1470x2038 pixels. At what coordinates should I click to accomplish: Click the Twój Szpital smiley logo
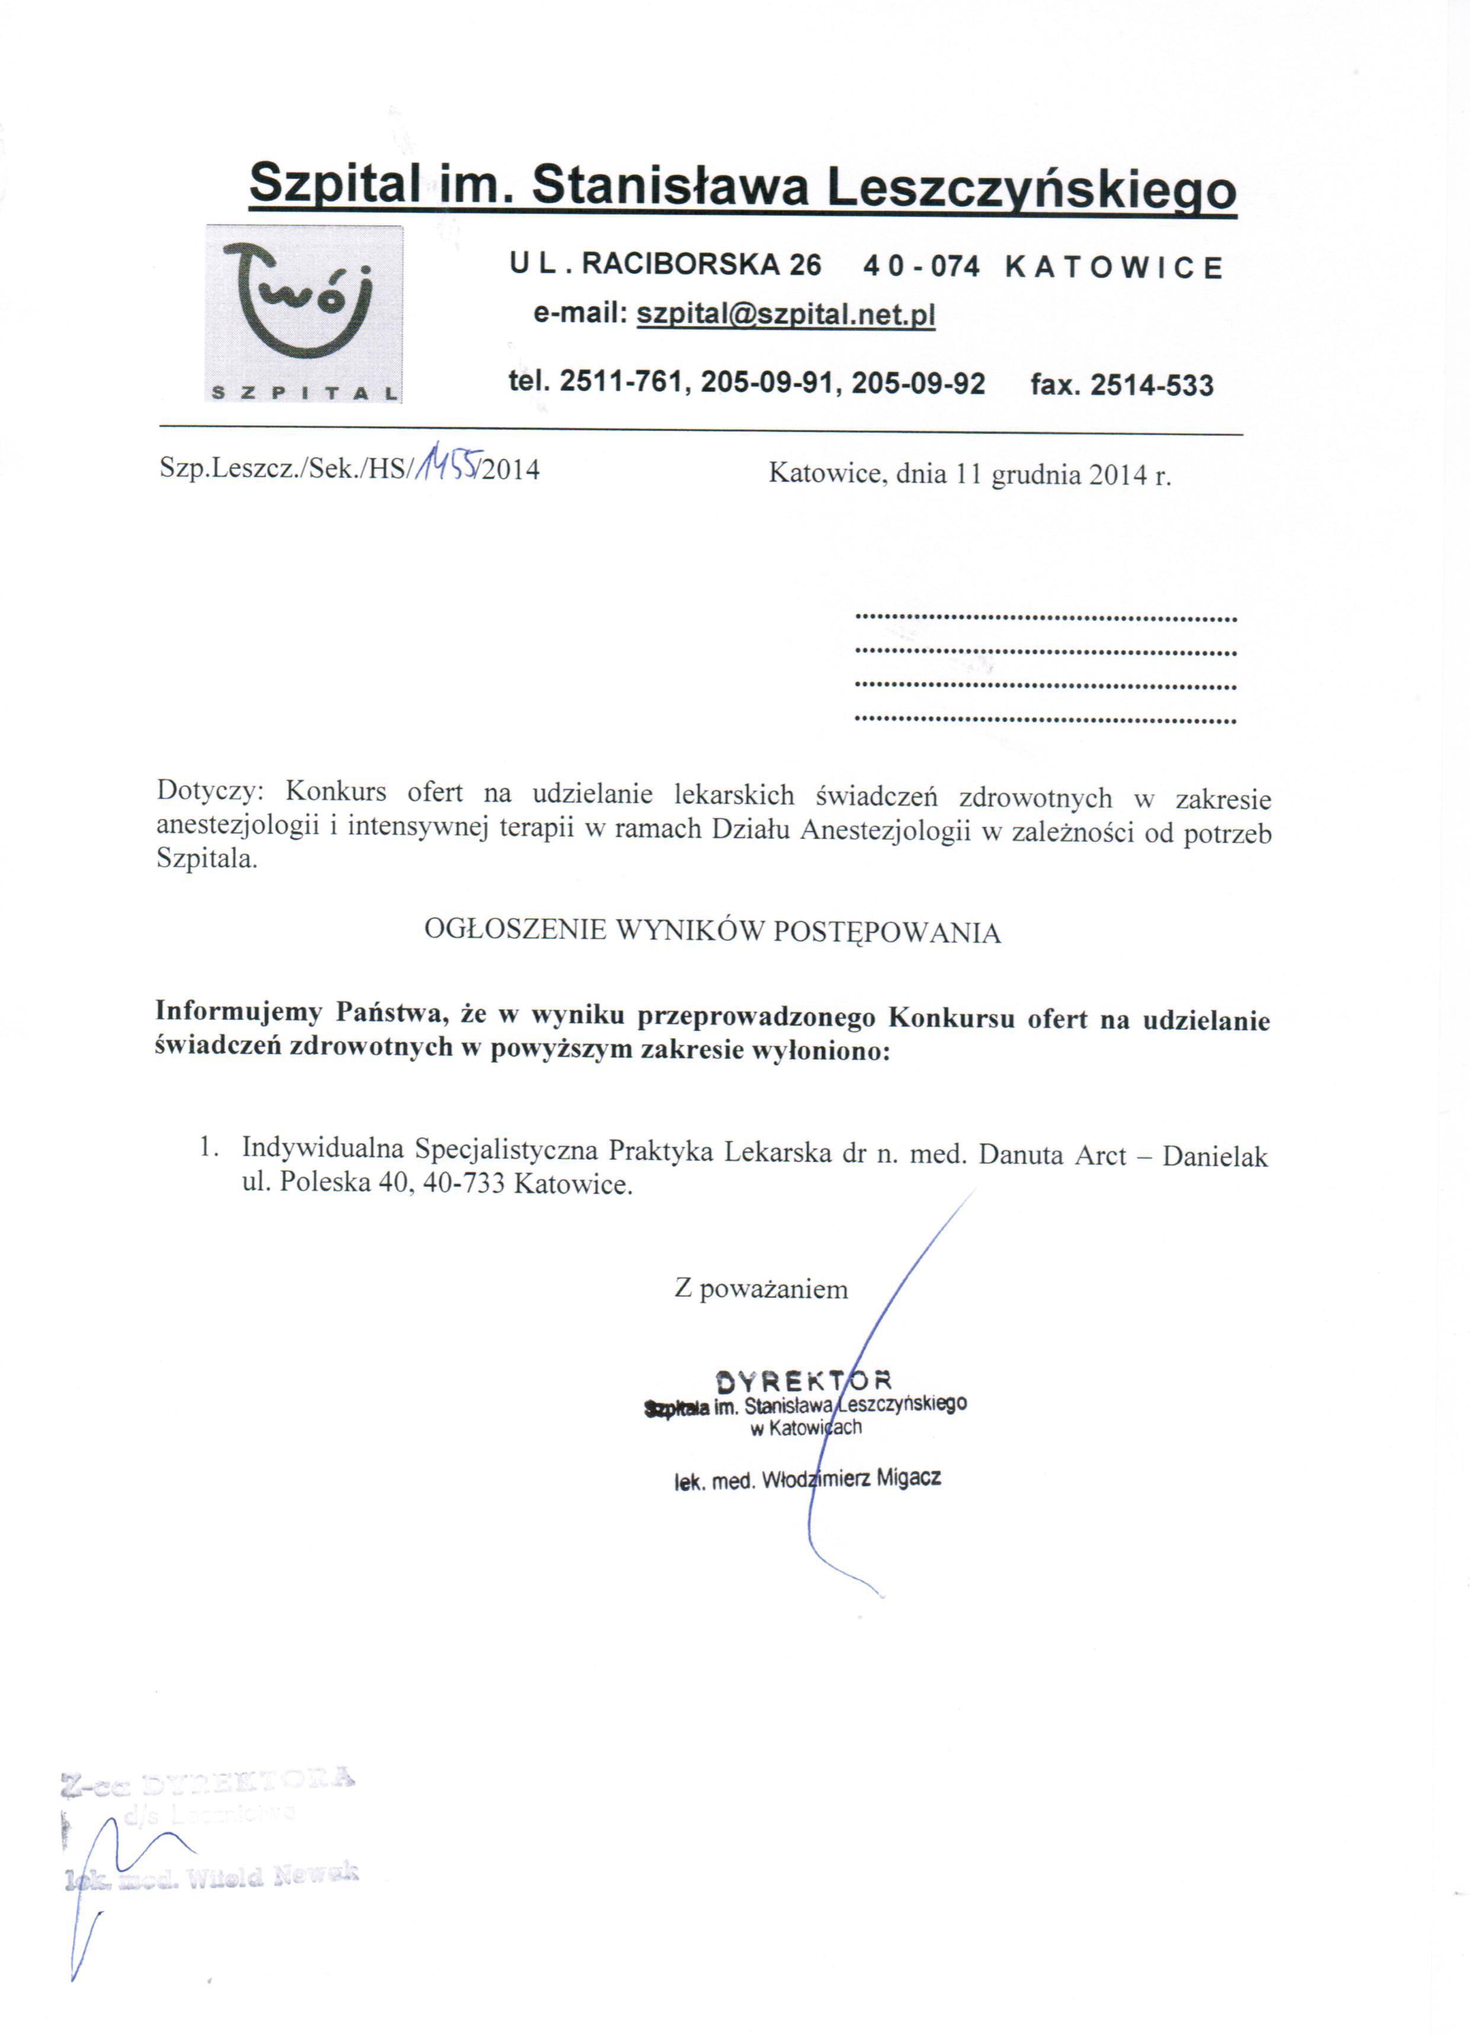pyautogui.click(x=303, y=312)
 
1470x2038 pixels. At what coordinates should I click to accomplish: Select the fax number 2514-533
pyautogui.click(x=1151, y=385)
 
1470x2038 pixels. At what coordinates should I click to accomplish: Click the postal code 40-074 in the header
pyautogui.click(x=921, y=267)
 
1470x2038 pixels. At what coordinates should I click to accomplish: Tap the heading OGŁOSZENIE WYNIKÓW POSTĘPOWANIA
pyautogui.click(x=712, y=931)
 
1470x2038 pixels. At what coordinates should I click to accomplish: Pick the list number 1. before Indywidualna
pyautogui.click(x=209, y=1147)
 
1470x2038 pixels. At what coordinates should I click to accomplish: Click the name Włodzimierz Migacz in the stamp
pyautogui.click(x=850, y=1479)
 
